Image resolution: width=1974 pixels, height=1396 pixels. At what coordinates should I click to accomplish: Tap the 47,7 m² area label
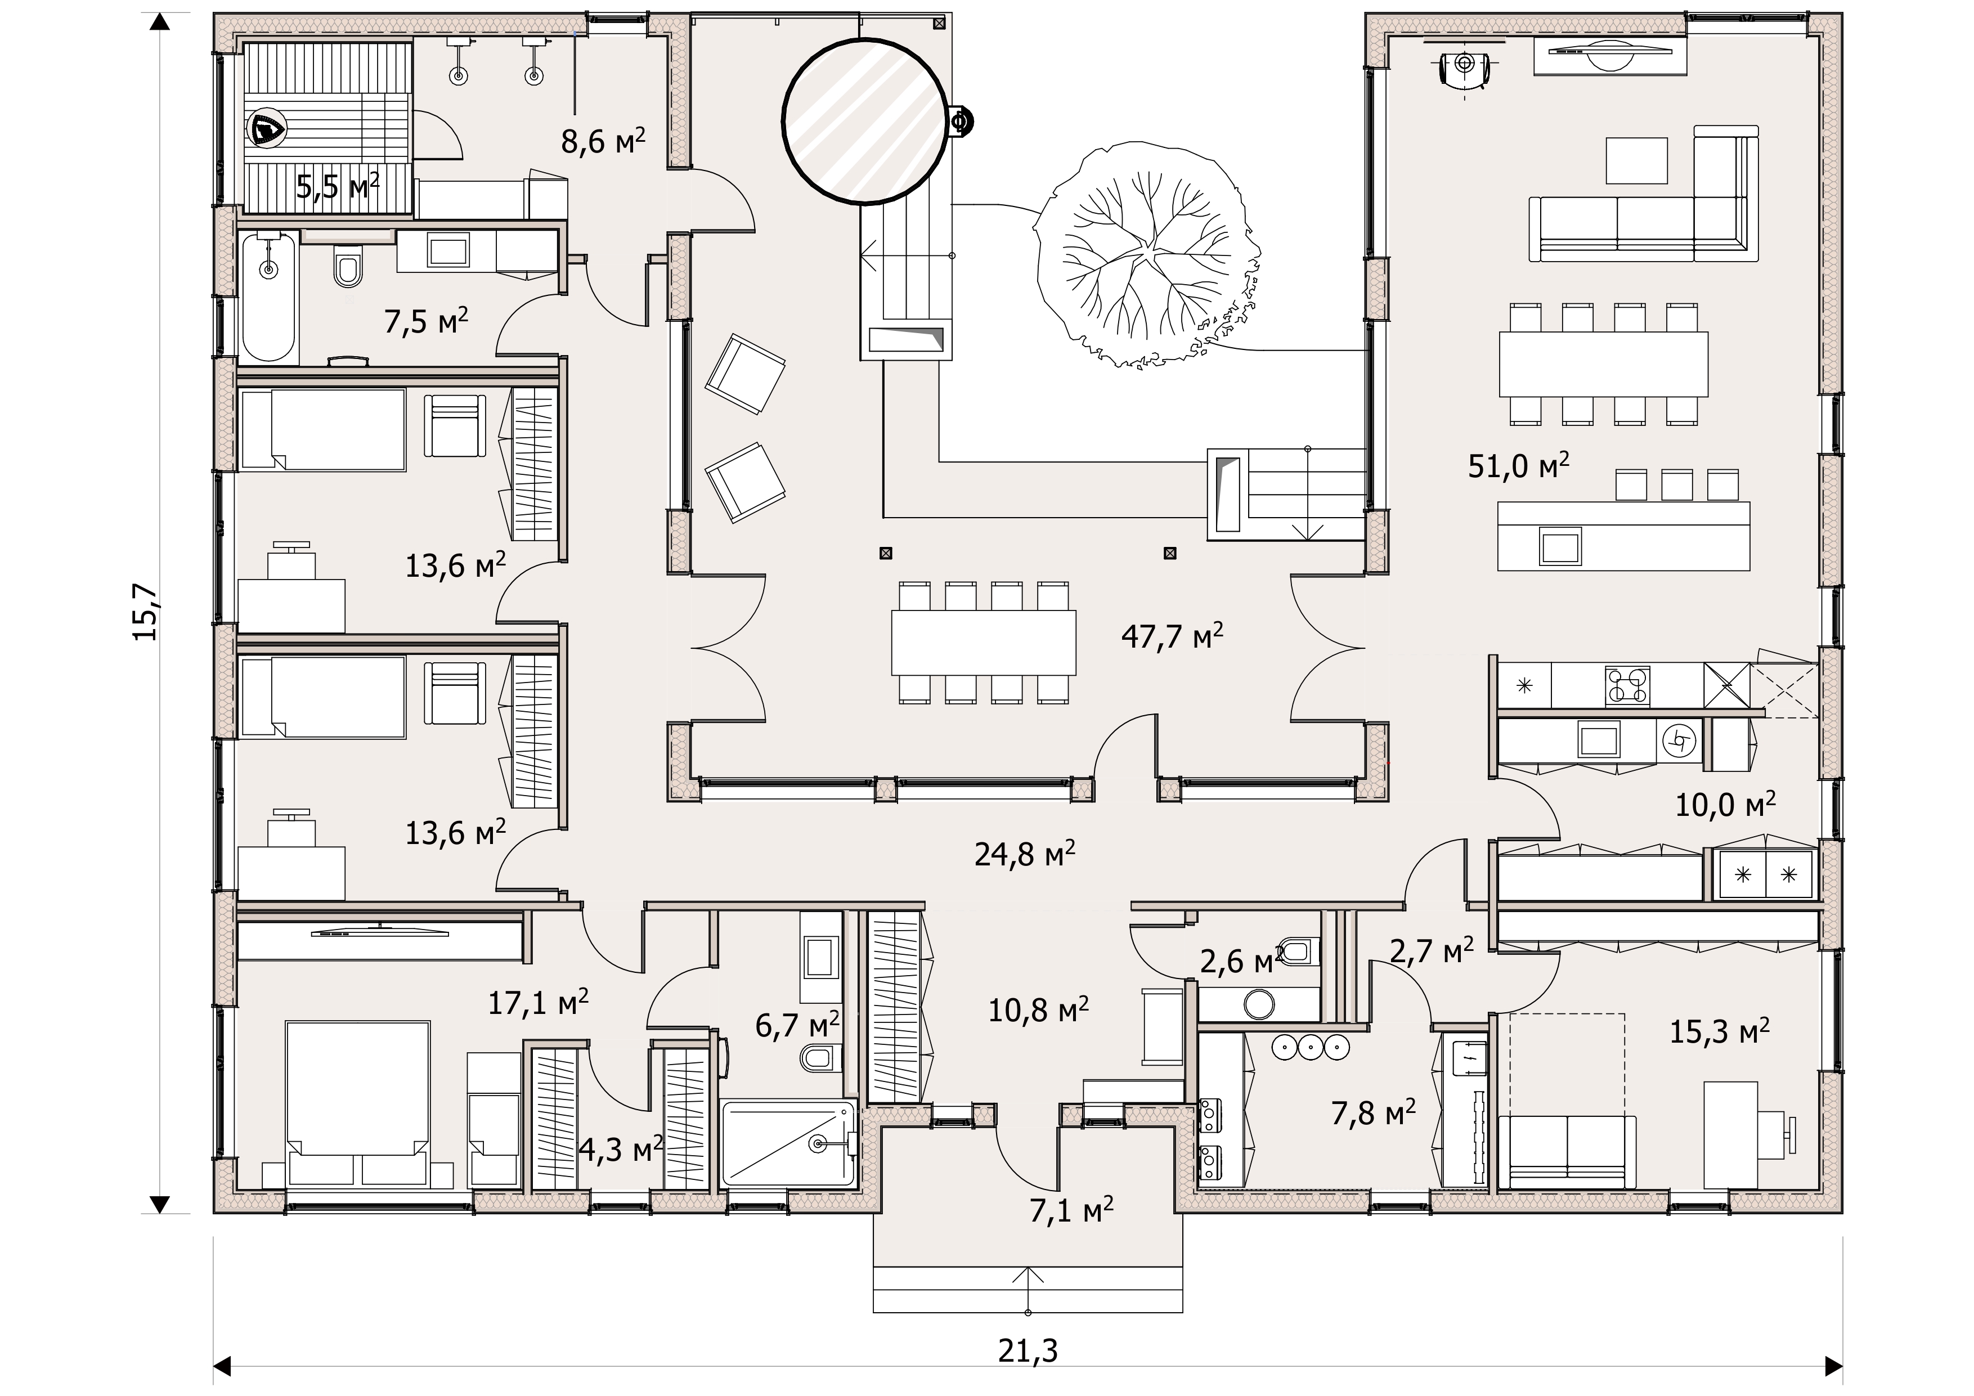tap(1172, 636)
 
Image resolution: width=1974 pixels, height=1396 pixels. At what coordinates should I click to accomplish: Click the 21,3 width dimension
tap(1028, 1350)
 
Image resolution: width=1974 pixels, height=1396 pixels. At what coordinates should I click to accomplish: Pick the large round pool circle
tap(867, 122)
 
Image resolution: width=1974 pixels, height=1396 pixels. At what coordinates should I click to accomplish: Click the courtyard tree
tap(1147, 257)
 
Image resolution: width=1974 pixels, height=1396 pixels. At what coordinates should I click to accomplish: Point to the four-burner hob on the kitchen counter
tap(1627, 686)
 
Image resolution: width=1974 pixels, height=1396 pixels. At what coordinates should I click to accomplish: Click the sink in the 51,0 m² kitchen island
tap(1560, 545)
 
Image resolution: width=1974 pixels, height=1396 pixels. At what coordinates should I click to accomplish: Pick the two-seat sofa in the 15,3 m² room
tap(1567, 1152)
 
